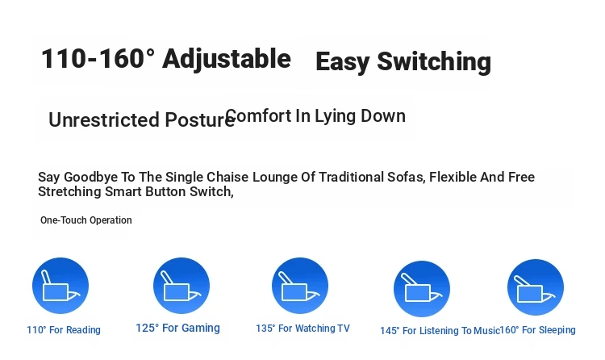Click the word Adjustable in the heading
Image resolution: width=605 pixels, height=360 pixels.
pos(227,60)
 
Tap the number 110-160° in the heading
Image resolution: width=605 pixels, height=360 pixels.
pos(98,59)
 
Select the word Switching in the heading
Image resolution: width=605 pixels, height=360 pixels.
pos(434,62)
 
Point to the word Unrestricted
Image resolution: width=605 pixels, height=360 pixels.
pos(104,119)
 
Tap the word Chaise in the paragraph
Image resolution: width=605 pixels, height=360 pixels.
pos(227,177)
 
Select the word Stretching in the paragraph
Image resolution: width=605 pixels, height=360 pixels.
pos(69,191)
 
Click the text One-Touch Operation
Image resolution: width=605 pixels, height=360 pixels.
pos(86,220)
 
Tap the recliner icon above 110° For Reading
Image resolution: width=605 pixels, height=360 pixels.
pos(60,286)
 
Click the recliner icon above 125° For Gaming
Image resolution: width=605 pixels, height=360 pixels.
pos(181,286)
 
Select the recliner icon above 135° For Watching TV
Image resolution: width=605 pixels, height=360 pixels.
pos(300,286)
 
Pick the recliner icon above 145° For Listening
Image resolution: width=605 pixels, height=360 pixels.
pos(422,289)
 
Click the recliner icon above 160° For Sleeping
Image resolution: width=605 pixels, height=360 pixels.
pos(536,287)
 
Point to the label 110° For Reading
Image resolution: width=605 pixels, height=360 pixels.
pos(64,330)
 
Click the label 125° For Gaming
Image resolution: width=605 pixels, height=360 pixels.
pos(178,328)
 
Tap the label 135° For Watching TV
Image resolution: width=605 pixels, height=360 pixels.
pos(302,329)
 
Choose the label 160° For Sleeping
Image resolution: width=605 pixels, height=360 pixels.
pos(537,330)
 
